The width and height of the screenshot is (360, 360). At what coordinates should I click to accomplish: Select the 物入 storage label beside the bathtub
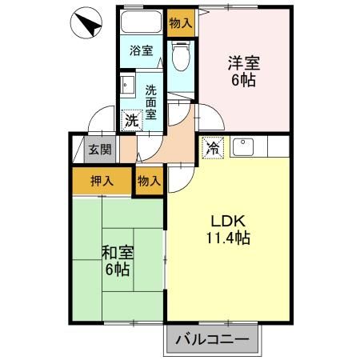coord(181,23)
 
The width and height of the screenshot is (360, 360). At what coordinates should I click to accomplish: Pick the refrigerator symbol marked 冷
coord(213,148)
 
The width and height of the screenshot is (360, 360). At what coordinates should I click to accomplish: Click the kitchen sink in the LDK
coord(243,147)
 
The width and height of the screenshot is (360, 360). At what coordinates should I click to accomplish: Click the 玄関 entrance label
coord(100,149)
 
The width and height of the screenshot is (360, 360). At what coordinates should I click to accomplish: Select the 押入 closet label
coord(101,181)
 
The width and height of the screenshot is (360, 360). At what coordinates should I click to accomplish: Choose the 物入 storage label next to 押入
coord(150,181)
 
